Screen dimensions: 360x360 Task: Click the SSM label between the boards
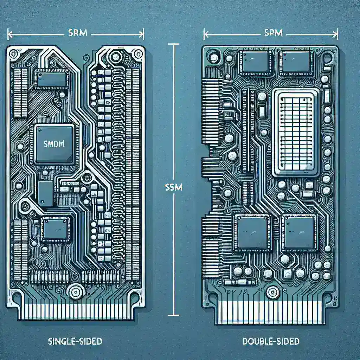click(x=173, y=188)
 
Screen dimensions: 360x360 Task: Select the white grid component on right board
click(x=296, y=131)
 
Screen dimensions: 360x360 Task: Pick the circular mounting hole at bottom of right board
click(x=271, y=291)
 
